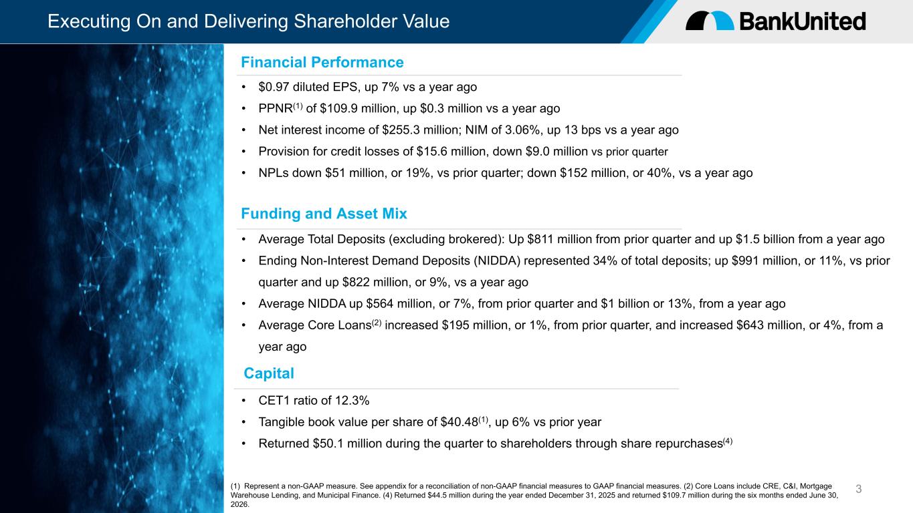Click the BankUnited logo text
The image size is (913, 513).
pyautogui.click(x=802, y=21)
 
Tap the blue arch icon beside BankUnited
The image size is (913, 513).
pyautogui.click(x=722, y=20)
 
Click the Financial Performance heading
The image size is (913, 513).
pyautogui.click(x=322, y=62)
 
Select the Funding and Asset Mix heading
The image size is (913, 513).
pyautogui.click(x=324, y=214)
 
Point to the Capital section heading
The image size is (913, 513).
pyautogui.click(x=269, y=373)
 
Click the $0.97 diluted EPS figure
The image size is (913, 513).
pyautogui.click(x=274, y=87)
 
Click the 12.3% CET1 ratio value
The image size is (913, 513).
pyautogui.click(x=352, y=401)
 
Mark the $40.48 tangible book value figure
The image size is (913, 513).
pyautogui.click(x=460, y=422)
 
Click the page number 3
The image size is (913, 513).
pyautogui.click(x=858, y=489)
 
